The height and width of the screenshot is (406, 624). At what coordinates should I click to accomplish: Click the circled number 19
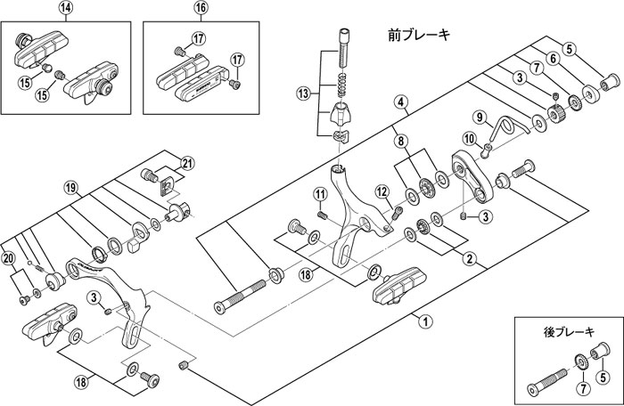pyautogui.click(x=70, y=189)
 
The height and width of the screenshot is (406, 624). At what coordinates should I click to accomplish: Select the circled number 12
pyautogui.click(x=381, y=189)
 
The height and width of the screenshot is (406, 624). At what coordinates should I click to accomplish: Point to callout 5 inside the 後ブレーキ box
pyautogui.click(x=603, y=378)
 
